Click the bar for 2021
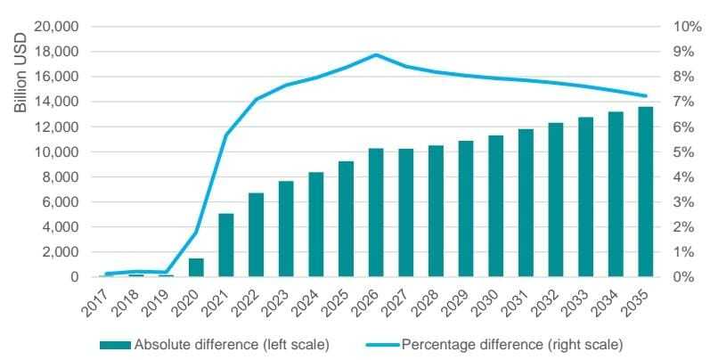pyautogui.click(x=226, y=245)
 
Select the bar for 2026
pyautogui.click(x=376, y=212)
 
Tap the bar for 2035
pyautogui.click(x=645, y=192)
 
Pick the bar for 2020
pyautogui.click(x=196, y=267)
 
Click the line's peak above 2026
pyautogui.click(x=376, y=55)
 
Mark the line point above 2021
pyautogui.click(x=226, y=135)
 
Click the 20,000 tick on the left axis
pyautogui.click(x=56, y=27)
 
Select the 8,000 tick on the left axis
pyautogui.click(x=60, y=177)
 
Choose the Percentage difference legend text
pyautogui.click(x=512, y=343)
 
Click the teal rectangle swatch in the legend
pyautogui.click(x=115, y=343)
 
